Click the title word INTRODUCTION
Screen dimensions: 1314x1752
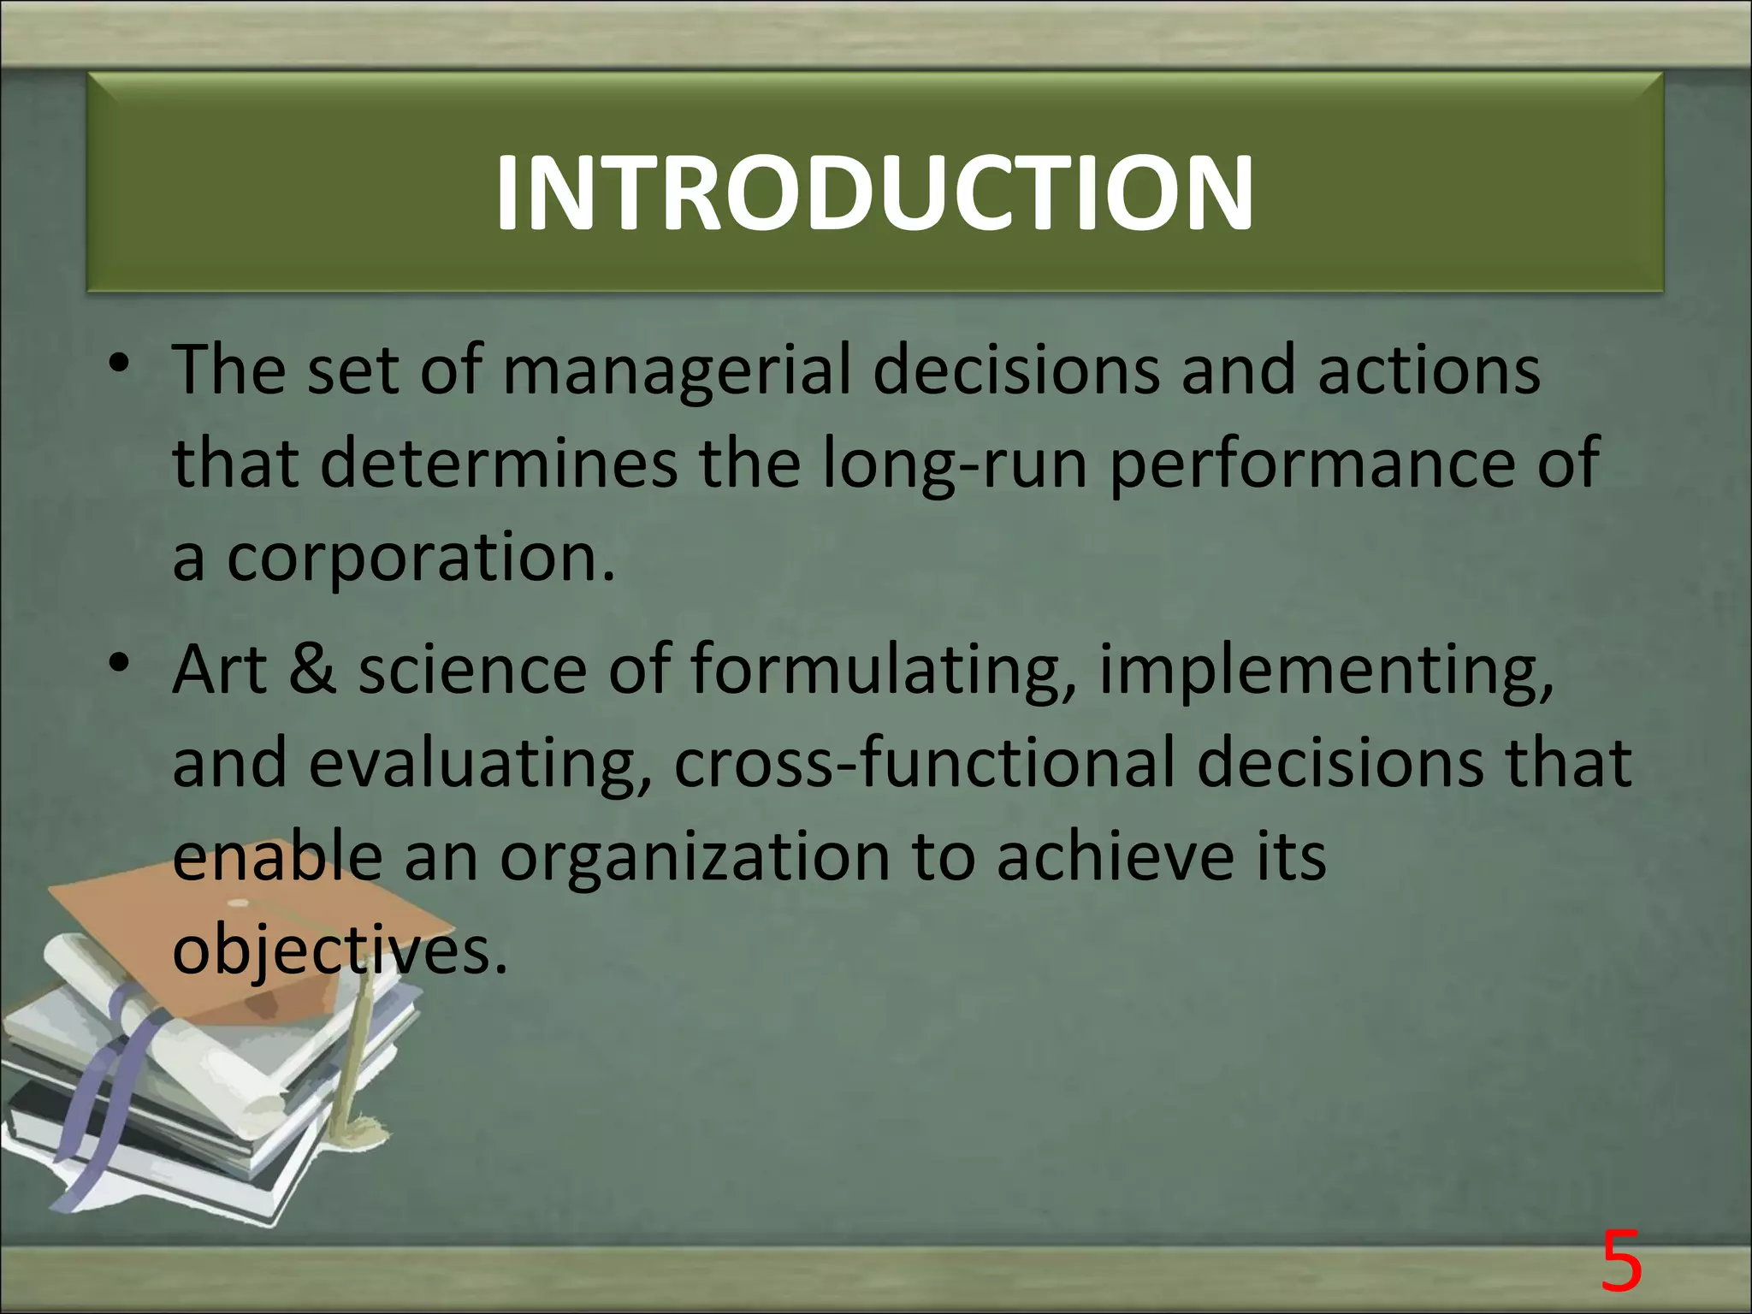[874, 193]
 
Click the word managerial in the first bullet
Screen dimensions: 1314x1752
[676, 370]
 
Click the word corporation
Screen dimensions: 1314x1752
[420, 558]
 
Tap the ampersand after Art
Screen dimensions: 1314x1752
[313, 669]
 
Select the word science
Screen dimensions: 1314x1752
[472, 669]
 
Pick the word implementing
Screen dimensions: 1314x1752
[1325, 671]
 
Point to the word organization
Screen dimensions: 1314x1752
[695, 858]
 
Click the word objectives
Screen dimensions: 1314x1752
[340, 950]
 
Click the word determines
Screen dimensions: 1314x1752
[499, 463]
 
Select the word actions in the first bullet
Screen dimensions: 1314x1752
[1429, 370]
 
